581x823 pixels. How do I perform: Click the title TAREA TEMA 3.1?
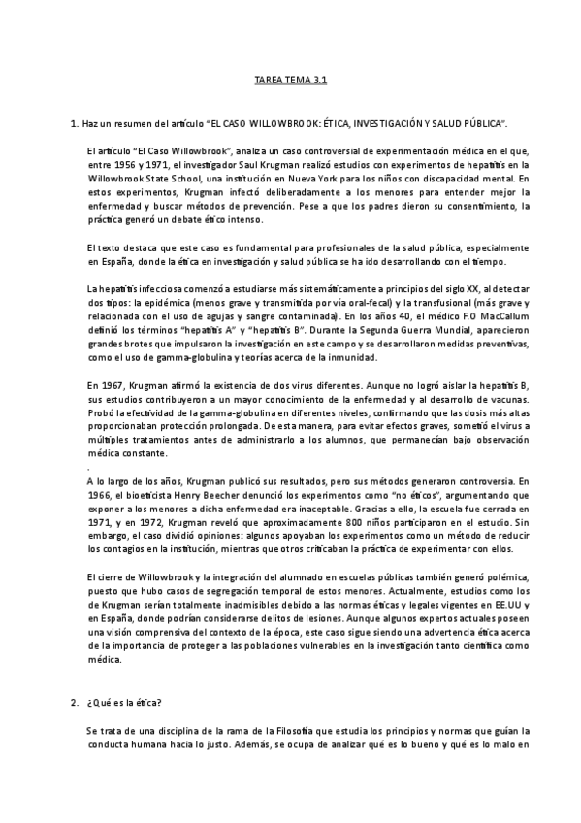pyautogui.click(x=290, y=84)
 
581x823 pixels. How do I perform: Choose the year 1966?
pyautogui.click(x=101, y=494)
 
